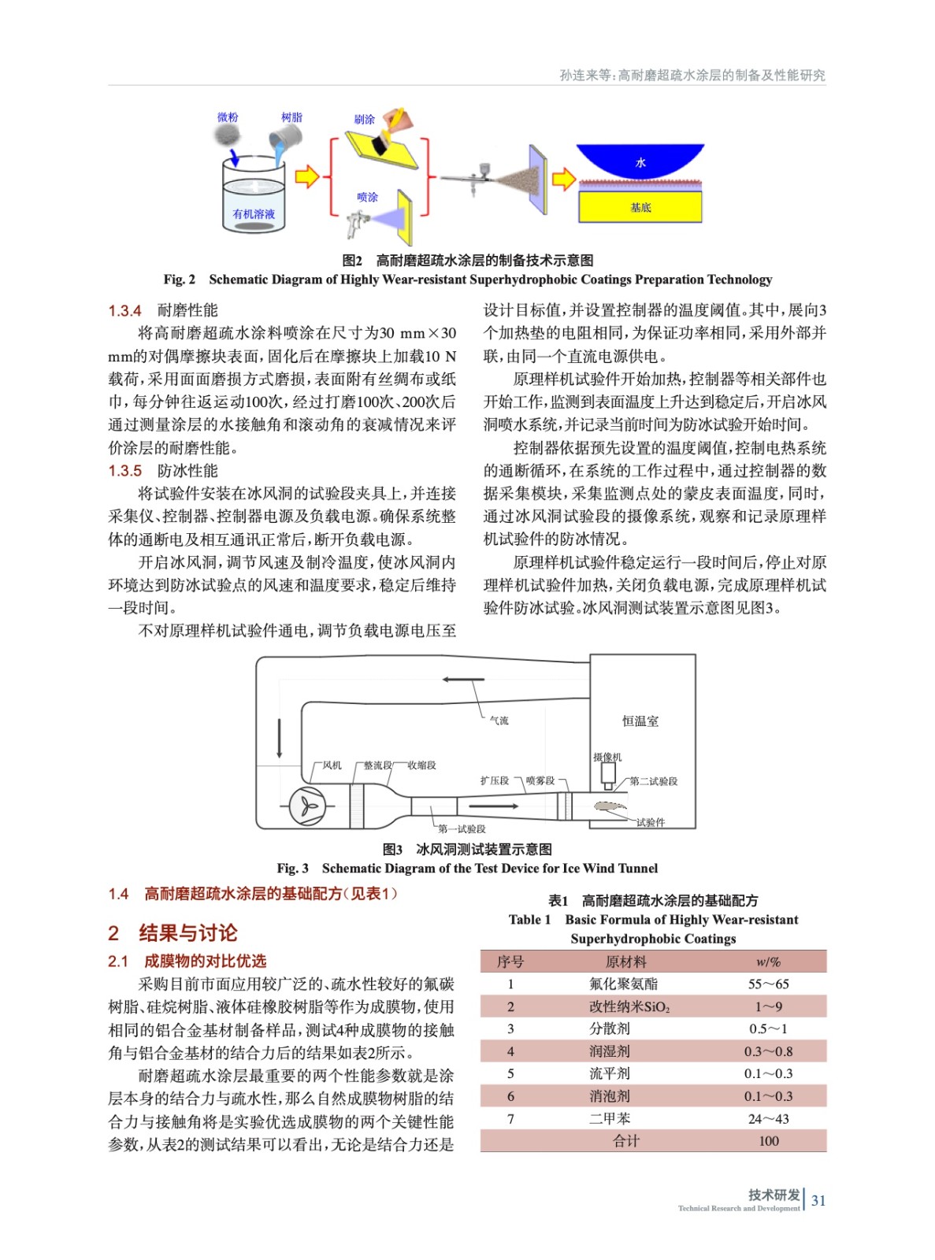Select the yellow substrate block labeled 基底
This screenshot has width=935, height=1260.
pyautogui.click(x=640, y=207)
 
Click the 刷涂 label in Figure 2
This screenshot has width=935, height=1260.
pyautogui.click(x=364, y=120)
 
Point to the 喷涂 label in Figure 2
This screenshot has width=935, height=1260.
pyautogui.click(x=367, y=197)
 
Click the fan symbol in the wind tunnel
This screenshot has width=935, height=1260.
pyautogui.click(x=306, y=806)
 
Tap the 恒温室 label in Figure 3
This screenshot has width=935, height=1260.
pyautogui.click(x=640, y=721)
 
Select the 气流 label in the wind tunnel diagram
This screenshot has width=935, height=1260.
pyautogui.click(x=499, y=720)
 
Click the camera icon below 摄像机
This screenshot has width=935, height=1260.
pyautogui.click(x=608, y=776)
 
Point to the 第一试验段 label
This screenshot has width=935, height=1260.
pyautogui.click(x=462, y=828)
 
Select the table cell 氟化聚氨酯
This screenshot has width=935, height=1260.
pyautogui.click(x=623, y=984)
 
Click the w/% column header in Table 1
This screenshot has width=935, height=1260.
pyautogui.click(x=768, y=962)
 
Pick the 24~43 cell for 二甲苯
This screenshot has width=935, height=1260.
pyautogui.click(x=768, y=1118)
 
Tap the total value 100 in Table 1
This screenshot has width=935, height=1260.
pyautogui.click(x=768, y=1141)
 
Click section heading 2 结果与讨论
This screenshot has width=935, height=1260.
pyautogui.click(x=173, y=933)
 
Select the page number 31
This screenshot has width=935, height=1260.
pyautogui.click(x=818, y=1200)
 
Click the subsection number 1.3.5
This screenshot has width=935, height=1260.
pyautogui.click(x=125, y=471)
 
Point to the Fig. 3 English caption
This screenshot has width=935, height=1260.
pyautogui.click(x=467, y=868)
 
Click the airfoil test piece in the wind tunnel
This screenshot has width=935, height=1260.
pyautogui.click(x=610, y=806)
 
